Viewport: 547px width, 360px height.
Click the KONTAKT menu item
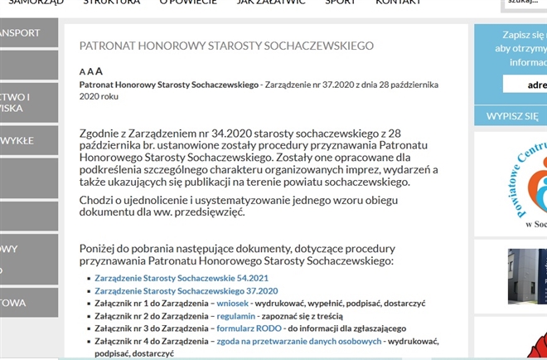point(399,2)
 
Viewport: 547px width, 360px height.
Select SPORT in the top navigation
point(341,2)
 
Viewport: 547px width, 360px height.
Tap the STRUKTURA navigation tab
point(111,2)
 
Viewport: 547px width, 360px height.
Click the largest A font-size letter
point(99,71)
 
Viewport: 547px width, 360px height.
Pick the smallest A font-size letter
point(81,72)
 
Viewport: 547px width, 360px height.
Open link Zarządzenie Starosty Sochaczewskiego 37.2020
point(186,291)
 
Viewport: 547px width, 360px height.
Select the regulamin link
point(237,317)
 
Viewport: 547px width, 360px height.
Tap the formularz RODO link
point(249,328)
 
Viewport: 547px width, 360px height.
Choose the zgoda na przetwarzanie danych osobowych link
point(299,341)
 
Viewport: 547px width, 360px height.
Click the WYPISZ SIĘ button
point(511,116)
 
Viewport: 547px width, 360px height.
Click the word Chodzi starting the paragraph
point(96,199)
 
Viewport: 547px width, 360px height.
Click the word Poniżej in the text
point(100,248)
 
